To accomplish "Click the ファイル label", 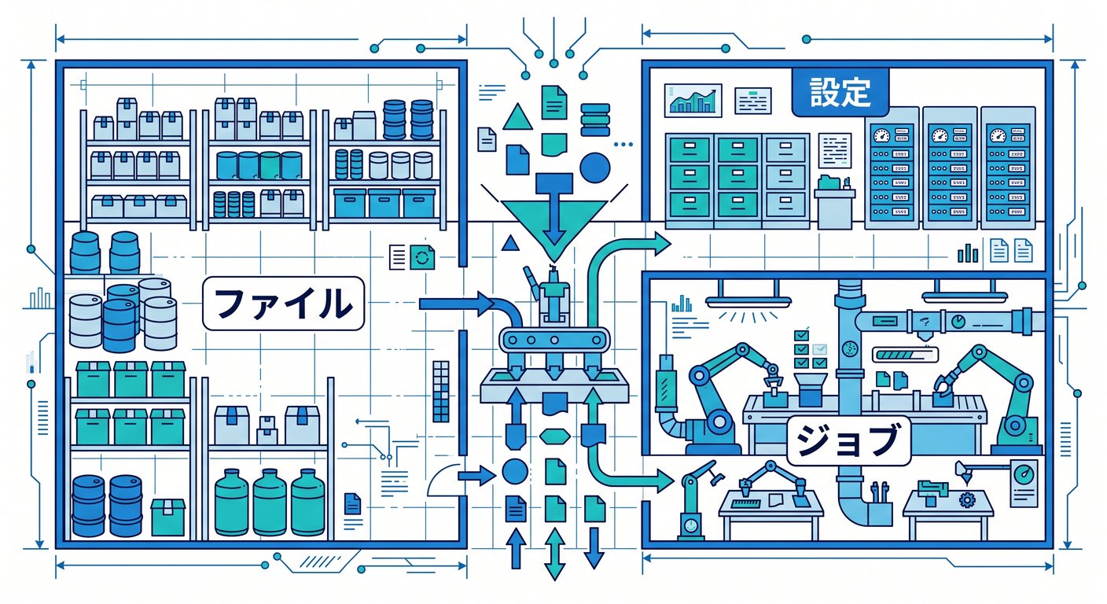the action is pyautogui.click(x=283, y=303).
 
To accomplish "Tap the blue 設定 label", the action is pyautogui.click(x=840, y=92).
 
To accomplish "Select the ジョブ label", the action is pyautogui.click(x=848, y=441).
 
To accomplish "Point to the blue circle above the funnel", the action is pyautogui.click(x=594, y=168).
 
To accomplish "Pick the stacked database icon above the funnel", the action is pyautogui.click(x=595, y=120).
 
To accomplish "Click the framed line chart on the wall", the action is pyautogui.click(x=693, y=101).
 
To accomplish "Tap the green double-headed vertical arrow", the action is pyautogui.click(x=554, y=554).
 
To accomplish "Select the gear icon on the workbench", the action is pyautogui.click(x=967, y=499).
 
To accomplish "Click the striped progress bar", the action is pyautogui.click(x=905, y=355).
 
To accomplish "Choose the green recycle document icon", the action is pyautogui.click(x=422, y=257).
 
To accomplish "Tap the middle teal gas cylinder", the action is pyautogui.click(x=270, y=503).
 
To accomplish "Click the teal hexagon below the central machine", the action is pyautogui.click(x=554, y=436).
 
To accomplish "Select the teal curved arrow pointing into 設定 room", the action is pyautogui.click(x=623, y=267).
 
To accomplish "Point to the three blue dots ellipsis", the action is pyautogui.click(x=623, y=145).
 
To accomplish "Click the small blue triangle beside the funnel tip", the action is pyautogui.click(x=510, y=243).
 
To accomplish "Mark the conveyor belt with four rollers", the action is pyautogui.click(x=554, y=340).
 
